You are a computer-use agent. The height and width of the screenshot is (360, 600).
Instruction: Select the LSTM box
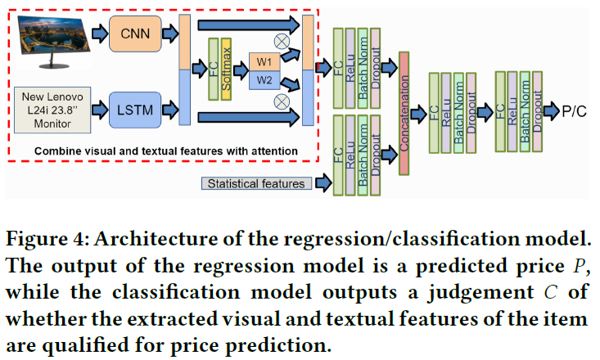click(135, 108)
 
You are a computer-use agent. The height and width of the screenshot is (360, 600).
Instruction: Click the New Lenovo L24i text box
click(54, 108)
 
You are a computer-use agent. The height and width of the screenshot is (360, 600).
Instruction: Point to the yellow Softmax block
click(227, 70)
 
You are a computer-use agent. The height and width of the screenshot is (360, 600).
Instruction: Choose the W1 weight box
click(264, 61)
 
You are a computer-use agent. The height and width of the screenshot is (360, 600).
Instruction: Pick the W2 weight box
click(264, 79)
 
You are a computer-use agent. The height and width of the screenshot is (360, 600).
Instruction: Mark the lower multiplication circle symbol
click(282, 101)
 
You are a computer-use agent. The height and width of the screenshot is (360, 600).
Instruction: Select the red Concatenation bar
click(404, 112)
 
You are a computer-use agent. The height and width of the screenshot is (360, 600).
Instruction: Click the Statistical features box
click(256, 183)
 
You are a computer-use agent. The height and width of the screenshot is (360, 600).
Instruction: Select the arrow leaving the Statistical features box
click(320, 183)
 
